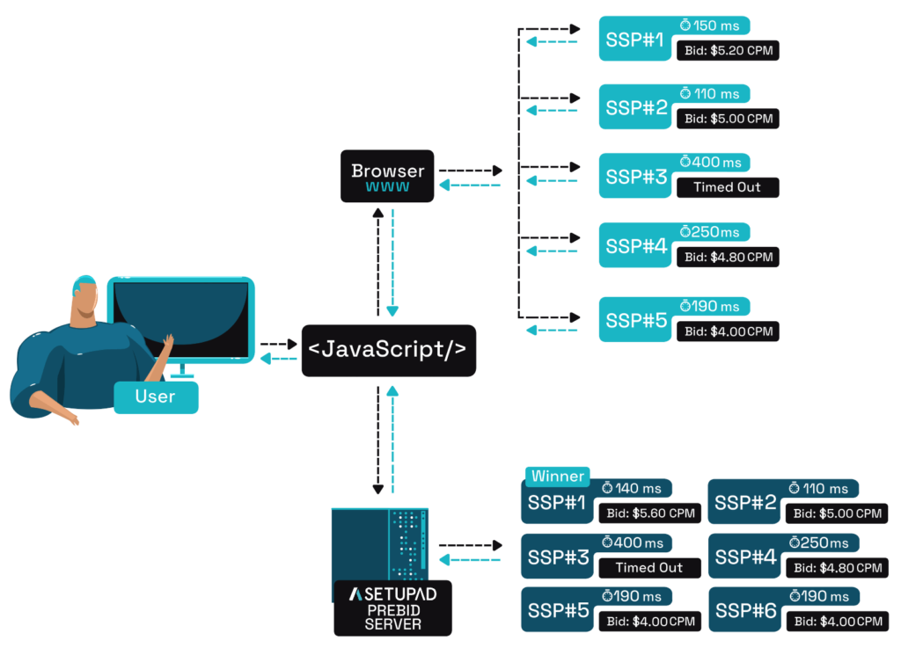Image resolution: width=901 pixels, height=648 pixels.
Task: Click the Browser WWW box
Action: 388,176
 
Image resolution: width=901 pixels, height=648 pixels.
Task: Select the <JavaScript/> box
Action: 388,350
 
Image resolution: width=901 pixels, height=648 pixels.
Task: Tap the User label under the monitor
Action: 156,397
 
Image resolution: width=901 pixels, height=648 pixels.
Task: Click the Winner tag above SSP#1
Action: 557,476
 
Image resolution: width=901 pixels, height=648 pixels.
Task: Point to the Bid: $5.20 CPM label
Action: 728,50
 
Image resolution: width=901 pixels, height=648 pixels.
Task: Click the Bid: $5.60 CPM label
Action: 650,513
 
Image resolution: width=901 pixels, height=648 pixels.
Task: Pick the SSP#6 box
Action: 746,611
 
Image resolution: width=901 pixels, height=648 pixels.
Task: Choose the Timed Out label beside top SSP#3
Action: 727,186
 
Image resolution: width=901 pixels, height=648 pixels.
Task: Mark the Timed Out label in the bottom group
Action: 649,567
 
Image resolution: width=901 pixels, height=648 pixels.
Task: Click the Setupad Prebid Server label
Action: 392,608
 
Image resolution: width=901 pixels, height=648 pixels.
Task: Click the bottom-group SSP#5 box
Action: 558,611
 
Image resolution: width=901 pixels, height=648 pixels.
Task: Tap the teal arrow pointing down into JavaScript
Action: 392,264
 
